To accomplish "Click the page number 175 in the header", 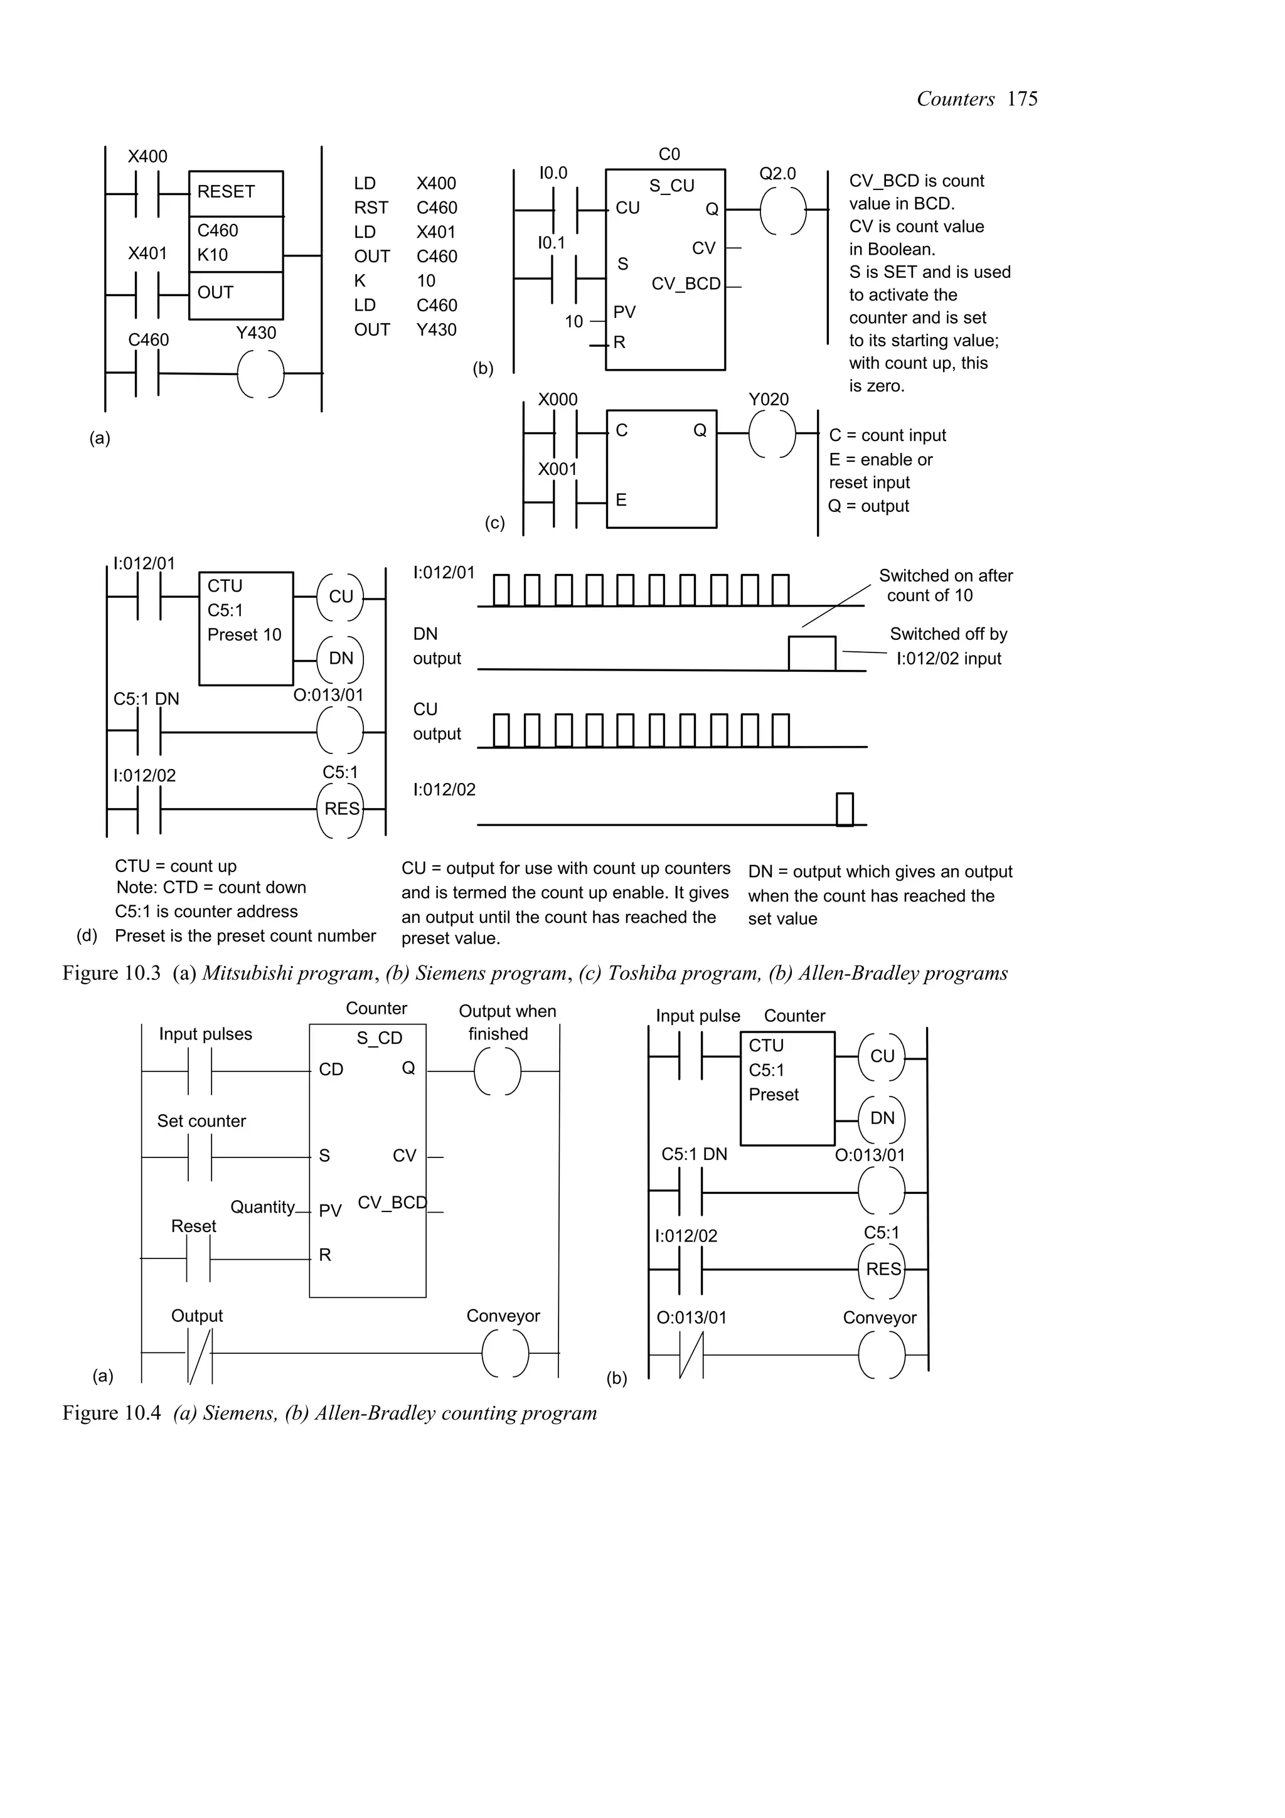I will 1022,99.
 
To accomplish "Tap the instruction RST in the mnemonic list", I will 371,208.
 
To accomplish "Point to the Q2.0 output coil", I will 783,211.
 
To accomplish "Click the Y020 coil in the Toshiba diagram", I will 772,435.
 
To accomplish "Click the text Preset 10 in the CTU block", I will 244,635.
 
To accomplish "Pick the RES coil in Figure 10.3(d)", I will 341,809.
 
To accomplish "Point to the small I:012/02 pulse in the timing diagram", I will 845,809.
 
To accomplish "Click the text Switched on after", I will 946,576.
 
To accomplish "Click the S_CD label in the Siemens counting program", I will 379,1038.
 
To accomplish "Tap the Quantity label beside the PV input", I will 263,1207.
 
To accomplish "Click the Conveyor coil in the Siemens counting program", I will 505,1353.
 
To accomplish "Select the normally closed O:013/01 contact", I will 691,1355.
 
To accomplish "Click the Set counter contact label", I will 201,1121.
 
